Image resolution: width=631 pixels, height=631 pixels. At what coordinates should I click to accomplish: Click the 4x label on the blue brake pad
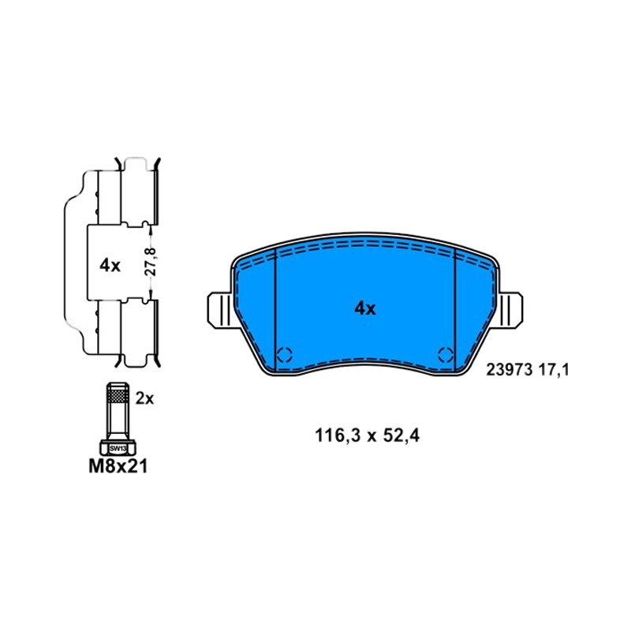click(365, 308)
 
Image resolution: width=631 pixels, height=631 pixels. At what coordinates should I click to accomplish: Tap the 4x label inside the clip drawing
click(110, 265)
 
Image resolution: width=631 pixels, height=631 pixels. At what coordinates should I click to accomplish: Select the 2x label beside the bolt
click(144, 398)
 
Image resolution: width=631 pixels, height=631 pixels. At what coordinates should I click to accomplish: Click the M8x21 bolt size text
click(118, 466)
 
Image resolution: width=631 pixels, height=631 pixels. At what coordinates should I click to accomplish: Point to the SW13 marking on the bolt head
click(118, 448)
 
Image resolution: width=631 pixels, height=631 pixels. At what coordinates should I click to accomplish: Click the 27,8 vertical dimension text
click(151, 261)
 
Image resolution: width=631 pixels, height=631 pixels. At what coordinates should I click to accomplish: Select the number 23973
click(510, 370)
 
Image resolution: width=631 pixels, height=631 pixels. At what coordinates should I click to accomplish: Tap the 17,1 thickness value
click(554, 370)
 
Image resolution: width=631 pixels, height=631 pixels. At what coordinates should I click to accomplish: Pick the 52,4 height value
click(401, 435)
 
